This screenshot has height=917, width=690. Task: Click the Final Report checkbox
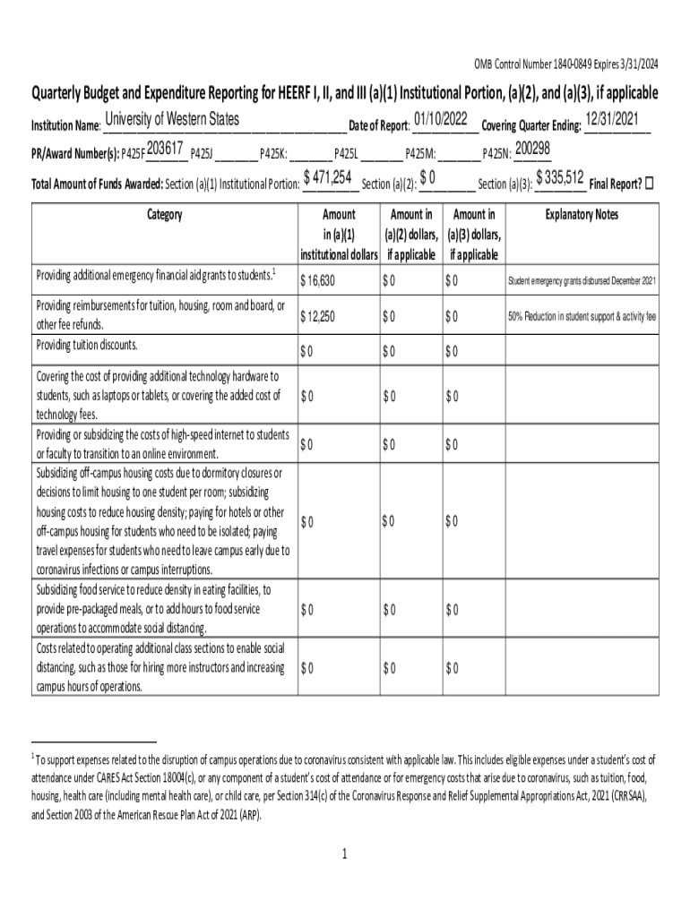click(x=651, y=184)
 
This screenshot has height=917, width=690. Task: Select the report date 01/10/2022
click(x=441, y=120)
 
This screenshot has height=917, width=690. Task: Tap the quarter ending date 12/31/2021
click(x=615, y=120)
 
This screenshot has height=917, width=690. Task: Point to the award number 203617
click(x=165, y=149)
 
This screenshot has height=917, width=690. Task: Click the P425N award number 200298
click(x=532, y=149)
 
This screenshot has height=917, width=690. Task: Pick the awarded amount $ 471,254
click(x=327, y=179)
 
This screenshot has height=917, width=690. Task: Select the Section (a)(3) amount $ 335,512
click(x=559, y=179)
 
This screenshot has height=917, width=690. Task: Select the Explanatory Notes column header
click(x=582, y=215)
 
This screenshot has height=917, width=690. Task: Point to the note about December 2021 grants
click(x=582, y=281)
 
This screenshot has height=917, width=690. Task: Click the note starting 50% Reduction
click(x=582, y=316)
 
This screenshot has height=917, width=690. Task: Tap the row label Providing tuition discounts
click(x=87, y=345)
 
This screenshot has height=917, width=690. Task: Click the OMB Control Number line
click(x=566, y=64)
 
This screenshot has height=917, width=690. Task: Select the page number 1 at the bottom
click(x=344, y=854)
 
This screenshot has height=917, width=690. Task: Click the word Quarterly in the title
click(x=61, y=93)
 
